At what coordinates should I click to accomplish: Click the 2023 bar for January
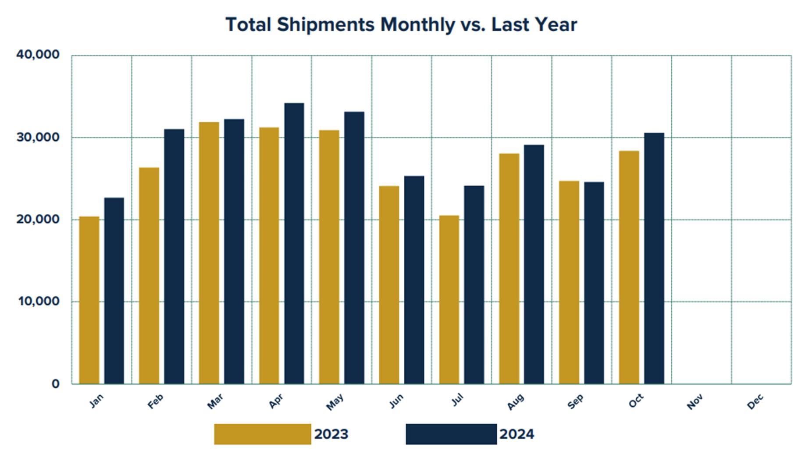click(89, 300)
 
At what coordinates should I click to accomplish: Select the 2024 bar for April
click(294, 243)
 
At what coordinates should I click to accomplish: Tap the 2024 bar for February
click(174, 256)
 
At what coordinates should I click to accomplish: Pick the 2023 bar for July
click(449, 300)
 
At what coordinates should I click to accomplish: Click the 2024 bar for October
click(654, 259)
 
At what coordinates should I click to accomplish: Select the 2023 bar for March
click(209, 253)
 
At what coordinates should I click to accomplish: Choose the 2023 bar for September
click(569, 282)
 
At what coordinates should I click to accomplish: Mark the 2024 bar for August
click(534, 264)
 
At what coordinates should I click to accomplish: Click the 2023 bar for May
click(329, 257)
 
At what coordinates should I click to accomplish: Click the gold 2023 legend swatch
click(262, 434)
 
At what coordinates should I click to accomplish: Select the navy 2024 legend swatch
click(451, 434)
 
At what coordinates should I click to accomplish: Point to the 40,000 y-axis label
click(38, 55)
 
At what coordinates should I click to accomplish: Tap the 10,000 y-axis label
click(38, 301)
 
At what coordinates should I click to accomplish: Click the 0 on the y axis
click(55, 384)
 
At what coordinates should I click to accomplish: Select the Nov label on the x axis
click(695, 401)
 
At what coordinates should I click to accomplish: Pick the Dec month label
click(755, 401)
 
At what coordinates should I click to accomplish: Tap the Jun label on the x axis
click(396, 401)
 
